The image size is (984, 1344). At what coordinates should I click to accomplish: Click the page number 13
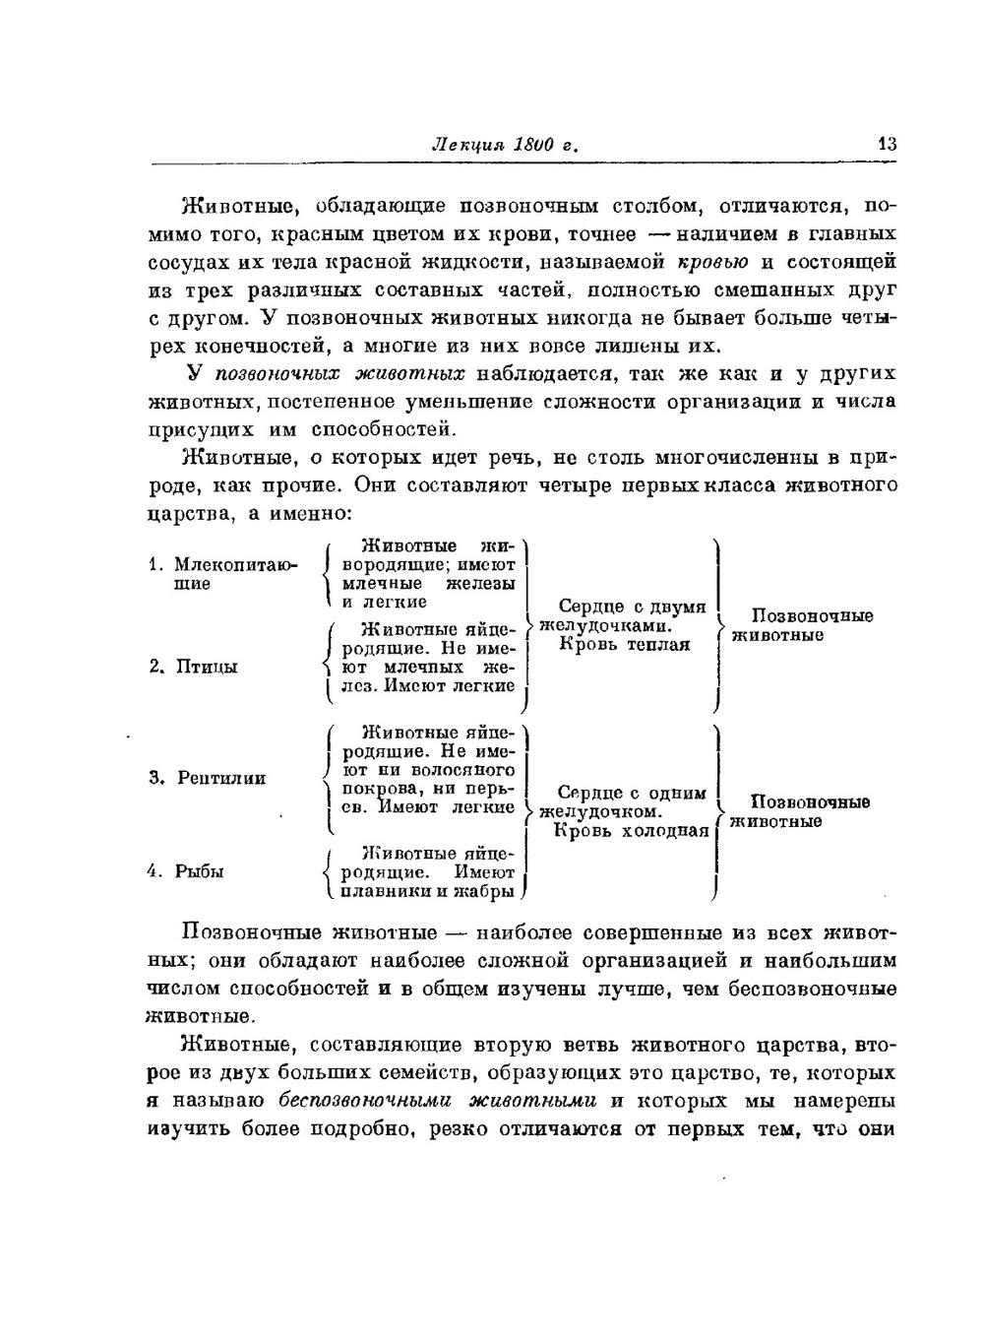click(887, 145)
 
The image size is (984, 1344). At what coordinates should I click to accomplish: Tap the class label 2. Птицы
click(195, 667)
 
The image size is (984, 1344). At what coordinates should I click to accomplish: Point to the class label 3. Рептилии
click(209, 778)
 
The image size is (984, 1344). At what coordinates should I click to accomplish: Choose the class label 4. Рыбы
click(187, 871)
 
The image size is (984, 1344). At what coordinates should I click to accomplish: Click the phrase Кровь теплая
click(625, 645)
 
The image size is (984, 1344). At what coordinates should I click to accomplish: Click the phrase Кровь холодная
click(631, 831)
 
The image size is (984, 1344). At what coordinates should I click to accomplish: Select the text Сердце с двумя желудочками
click(623, 616)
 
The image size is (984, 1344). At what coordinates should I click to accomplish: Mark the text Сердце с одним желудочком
click(623, 802)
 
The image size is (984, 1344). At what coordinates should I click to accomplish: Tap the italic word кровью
click(713, 262)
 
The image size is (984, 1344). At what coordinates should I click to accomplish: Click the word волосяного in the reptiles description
click(462, 770)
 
